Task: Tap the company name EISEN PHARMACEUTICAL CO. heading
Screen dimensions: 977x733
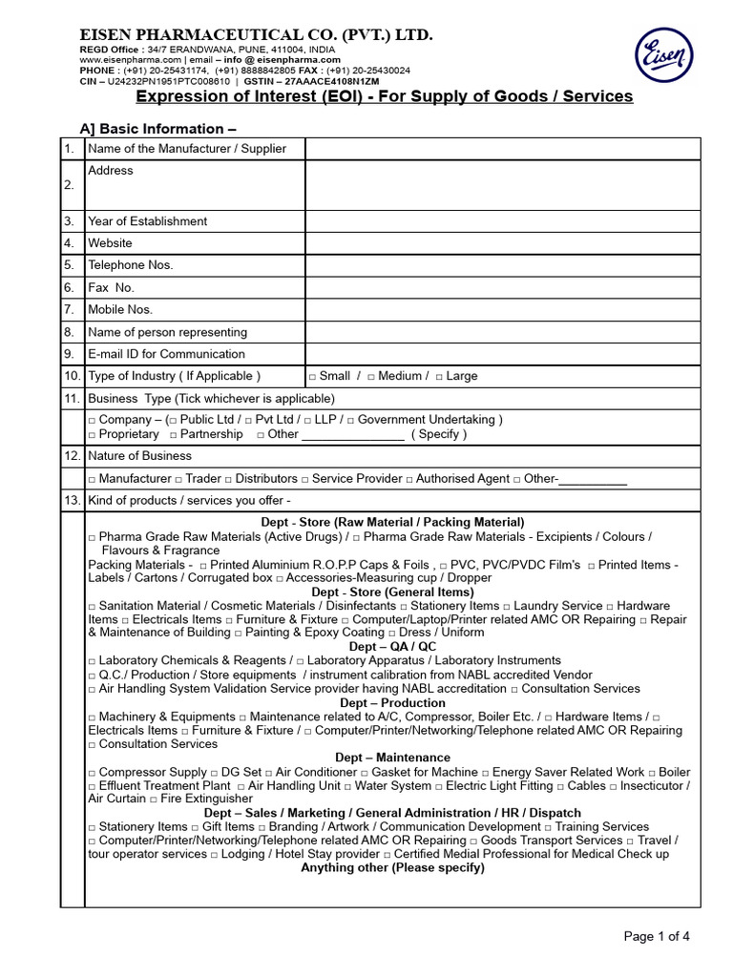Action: pyautogui.click(x=256, y=35)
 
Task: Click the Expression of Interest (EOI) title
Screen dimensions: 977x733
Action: pyautogui.click(x=384, y=96)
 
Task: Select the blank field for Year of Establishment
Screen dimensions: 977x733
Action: pyautogui.click(x=502, y=221)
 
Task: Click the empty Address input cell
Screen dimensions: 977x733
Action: pyautogui.click(x=502, y=184)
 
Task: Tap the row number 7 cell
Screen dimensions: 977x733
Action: pyautogui.click(x=69, y=310)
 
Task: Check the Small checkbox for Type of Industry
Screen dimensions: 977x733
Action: pyautogui.click(x=312, y=377)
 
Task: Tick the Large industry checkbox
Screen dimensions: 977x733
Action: pyautogui.click(x=439, y=377)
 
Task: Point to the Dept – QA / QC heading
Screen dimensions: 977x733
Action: pyautogui.click(x=392, y=647)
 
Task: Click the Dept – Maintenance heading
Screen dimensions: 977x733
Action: pyautogui.click(x=392, y=758)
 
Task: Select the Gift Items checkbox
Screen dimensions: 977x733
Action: pyautogui.click(x=195, y=827)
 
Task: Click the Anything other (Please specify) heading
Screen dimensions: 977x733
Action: pyautogui.click(x=392, y=868)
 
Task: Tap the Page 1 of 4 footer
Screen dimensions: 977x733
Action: pyautogui.click(x=656, y=936)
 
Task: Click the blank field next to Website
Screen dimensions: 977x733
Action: pyautogui.click(x=502, y=243)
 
